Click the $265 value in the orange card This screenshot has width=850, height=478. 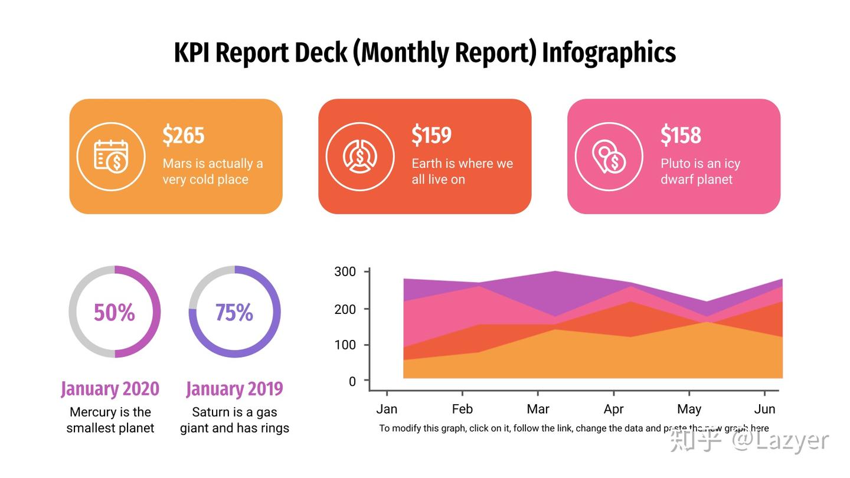click(x=183, y=135)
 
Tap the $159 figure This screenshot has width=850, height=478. click(x=431, y=135)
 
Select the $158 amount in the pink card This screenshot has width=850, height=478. click(x=681, y=135)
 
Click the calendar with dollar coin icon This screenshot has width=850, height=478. click(x=111, y=156)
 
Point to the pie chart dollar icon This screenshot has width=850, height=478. click(x=359, y=156)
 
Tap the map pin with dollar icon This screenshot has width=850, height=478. click(x=609, y=156)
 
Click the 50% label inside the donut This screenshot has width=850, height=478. click(x=115, y=312)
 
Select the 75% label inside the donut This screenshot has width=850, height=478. click(x=234, y=312)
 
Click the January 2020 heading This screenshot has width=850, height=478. click(x=110, y=389)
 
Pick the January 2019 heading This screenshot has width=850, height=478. click(x=234, y=389)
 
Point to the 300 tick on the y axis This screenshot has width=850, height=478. click(x=345, y=271)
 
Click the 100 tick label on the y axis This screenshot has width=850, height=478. click(x=345, y=345)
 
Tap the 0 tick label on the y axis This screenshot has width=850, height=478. click(x=352, y=381)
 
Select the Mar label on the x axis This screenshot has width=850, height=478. click(x=538, y=409)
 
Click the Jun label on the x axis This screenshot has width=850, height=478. click(x=764, y=409)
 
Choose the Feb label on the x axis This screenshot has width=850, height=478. click(x=462, y=409)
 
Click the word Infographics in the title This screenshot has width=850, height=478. click(x=609, y=53)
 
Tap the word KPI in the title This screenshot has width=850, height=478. click(x=192, y=53)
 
